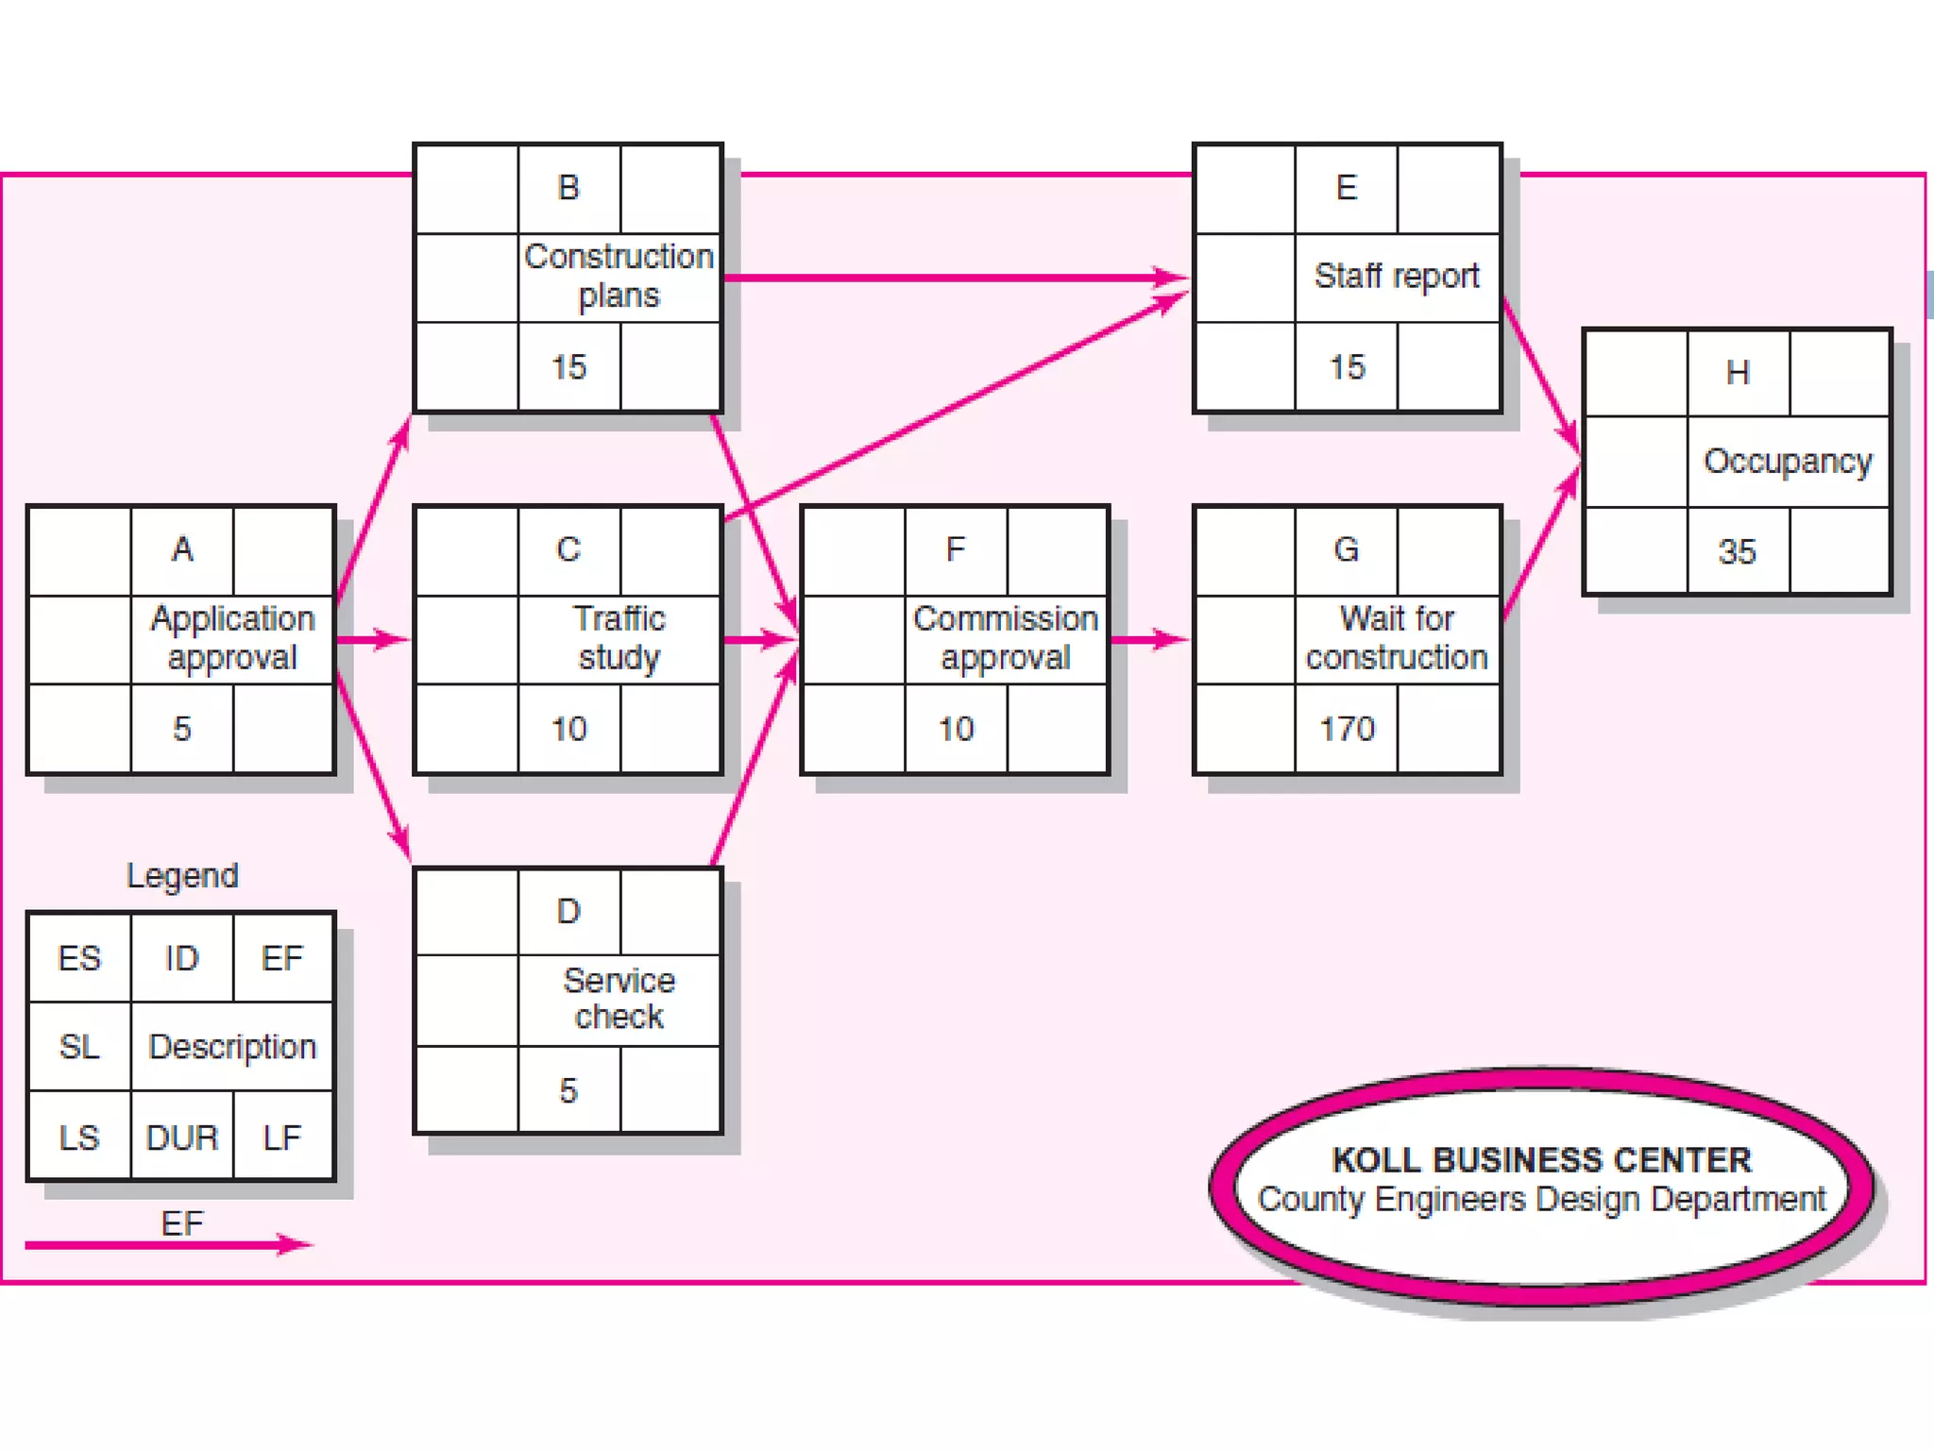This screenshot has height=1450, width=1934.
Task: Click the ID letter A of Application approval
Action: (182, 549)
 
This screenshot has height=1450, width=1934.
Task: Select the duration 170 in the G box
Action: (1347, 729)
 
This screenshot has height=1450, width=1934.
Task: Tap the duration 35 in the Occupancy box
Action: (1737, 551)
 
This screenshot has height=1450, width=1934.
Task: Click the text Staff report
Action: (1396, 276)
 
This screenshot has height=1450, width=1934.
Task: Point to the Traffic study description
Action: (619, 638)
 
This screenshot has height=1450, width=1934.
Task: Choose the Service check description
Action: (619, 999)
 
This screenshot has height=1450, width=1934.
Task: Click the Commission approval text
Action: (1005, 638)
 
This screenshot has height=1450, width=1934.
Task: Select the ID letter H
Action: (1738, 373)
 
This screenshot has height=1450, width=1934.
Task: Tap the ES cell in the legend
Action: (79, 958)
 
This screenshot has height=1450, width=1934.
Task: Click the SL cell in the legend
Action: (79, 1046)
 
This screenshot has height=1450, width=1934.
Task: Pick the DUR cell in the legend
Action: (182, 1138)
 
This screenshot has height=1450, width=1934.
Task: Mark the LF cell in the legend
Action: (282, 1138)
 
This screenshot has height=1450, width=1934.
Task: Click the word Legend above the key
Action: (182, 876)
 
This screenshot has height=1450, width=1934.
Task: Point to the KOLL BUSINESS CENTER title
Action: (1541, 1159)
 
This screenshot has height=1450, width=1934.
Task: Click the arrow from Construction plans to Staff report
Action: (954, 278)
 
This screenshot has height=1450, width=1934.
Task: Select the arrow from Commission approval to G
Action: (1148, 640)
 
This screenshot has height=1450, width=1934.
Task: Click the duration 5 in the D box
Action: (568, 1091)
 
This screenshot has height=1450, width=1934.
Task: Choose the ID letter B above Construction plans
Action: (568, 188)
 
